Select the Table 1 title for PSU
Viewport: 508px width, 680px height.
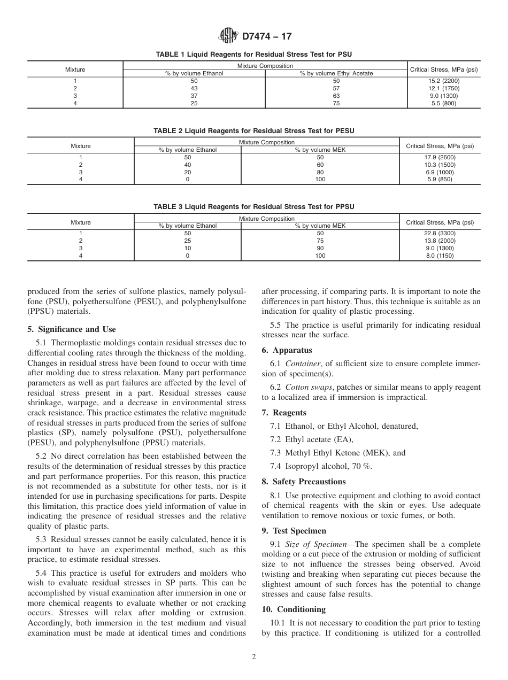coord(253,55)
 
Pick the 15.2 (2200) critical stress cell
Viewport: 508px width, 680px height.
coord(443,81)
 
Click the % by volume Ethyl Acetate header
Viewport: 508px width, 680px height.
coord(336,73)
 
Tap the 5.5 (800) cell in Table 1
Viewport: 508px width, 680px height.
coord(443,103)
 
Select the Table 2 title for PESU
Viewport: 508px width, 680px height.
coord(253,131)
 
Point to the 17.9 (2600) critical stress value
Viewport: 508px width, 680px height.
coord(440,157)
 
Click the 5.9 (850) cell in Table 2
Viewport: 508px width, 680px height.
coord(440,180)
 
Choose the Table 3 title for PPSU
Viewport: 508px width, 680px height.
coord(253,207)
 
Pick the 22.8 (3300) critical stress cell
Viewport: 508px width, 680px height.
coord(440,234)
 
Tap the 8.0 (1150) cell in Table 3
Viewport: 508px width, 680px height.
coord(440,256)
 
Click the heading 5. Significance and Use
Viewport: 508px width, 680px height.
coord(72,329)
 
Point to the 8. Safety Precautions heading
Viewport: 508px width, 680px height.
coord(304,482)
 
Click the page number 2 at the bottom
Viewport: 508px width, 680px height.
coord(254,657)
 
